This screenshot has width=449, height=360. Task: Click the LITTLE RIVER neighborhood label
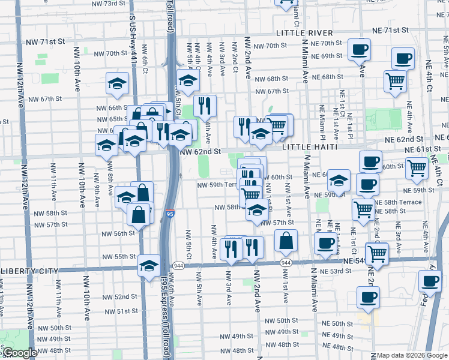point(301,32)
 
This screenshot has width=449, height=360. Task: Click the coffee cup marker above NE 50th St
point(368,295)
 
